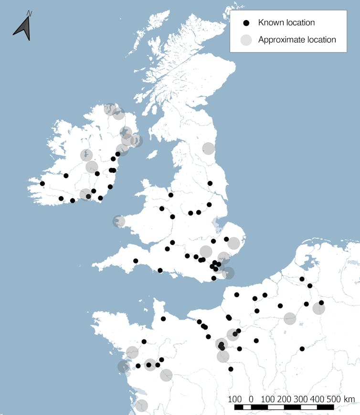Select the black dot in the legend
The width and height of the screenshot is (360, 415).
[246, 22]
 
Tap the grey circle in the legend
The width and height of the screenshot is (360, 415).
[246, 40]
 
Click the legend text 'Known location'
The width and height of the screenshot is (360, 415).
[286, 22]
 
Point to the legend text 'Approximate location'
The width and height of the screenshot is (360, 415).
[297, 40]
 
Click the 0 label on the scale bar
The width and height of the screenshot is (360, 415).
[251, 399]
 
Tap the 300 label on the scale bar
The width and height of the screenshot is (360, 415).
[301, 399]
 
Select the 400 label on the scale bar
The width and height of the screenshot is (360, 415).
[317, 399]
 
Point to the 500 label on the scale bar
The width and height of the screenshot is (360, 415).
[333, 399]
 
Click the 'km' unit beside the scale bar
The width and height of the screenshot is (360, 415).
[349, 399]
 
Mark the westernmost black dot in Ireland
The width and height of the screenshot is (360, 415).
[42, 183]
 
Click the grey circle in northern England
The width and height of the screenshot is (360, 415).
[208, 148]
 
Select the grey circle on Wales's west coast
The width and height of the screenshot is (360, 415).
[118, 221]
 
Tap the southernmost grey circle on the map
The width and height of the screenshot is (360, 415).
[141, 406]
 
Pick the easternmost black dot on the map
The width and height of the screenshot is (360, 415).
[321, 303]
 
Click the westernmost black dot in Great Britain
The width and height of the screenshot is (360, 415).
[136, 261]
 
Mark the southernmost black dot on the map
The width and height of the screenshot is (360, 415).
[231, 369]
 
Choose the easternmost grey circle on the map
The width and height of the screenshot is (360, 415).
[318, 309]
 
